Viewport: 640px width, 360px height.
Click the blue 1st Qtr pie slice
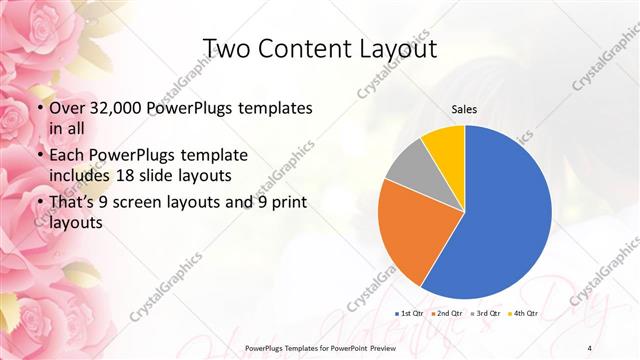pos(505,215)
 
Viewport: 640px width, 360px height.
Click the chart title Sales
pos(464,108)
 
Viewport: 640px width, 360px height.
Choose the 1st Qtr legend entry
pos(411,314)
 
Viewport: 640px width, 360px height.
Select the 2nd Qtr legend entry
pos(447,314)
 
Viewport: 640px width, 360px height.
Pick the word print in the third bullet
pos(283,203)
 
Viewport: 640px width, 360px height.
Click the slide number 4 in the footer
pos(590,347)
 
